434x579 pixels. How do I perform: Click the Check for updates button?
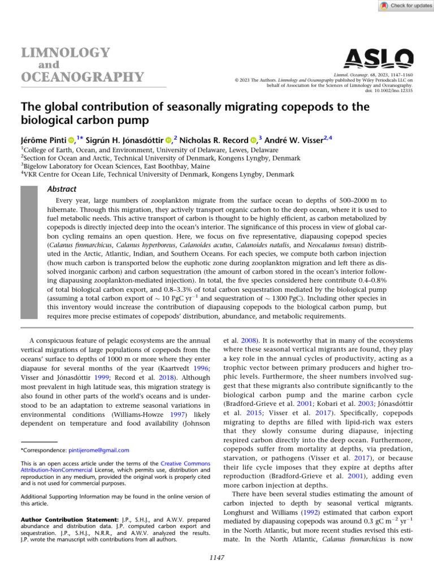tap(406, 5)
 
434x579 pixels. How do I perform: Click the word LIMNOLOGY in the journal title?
tap(66, 53)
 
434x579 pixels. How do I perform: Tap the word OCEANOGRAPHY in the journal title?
tap(83, 76)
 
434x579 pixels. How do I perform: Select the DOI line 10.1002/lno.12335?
tap(402, 90)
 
